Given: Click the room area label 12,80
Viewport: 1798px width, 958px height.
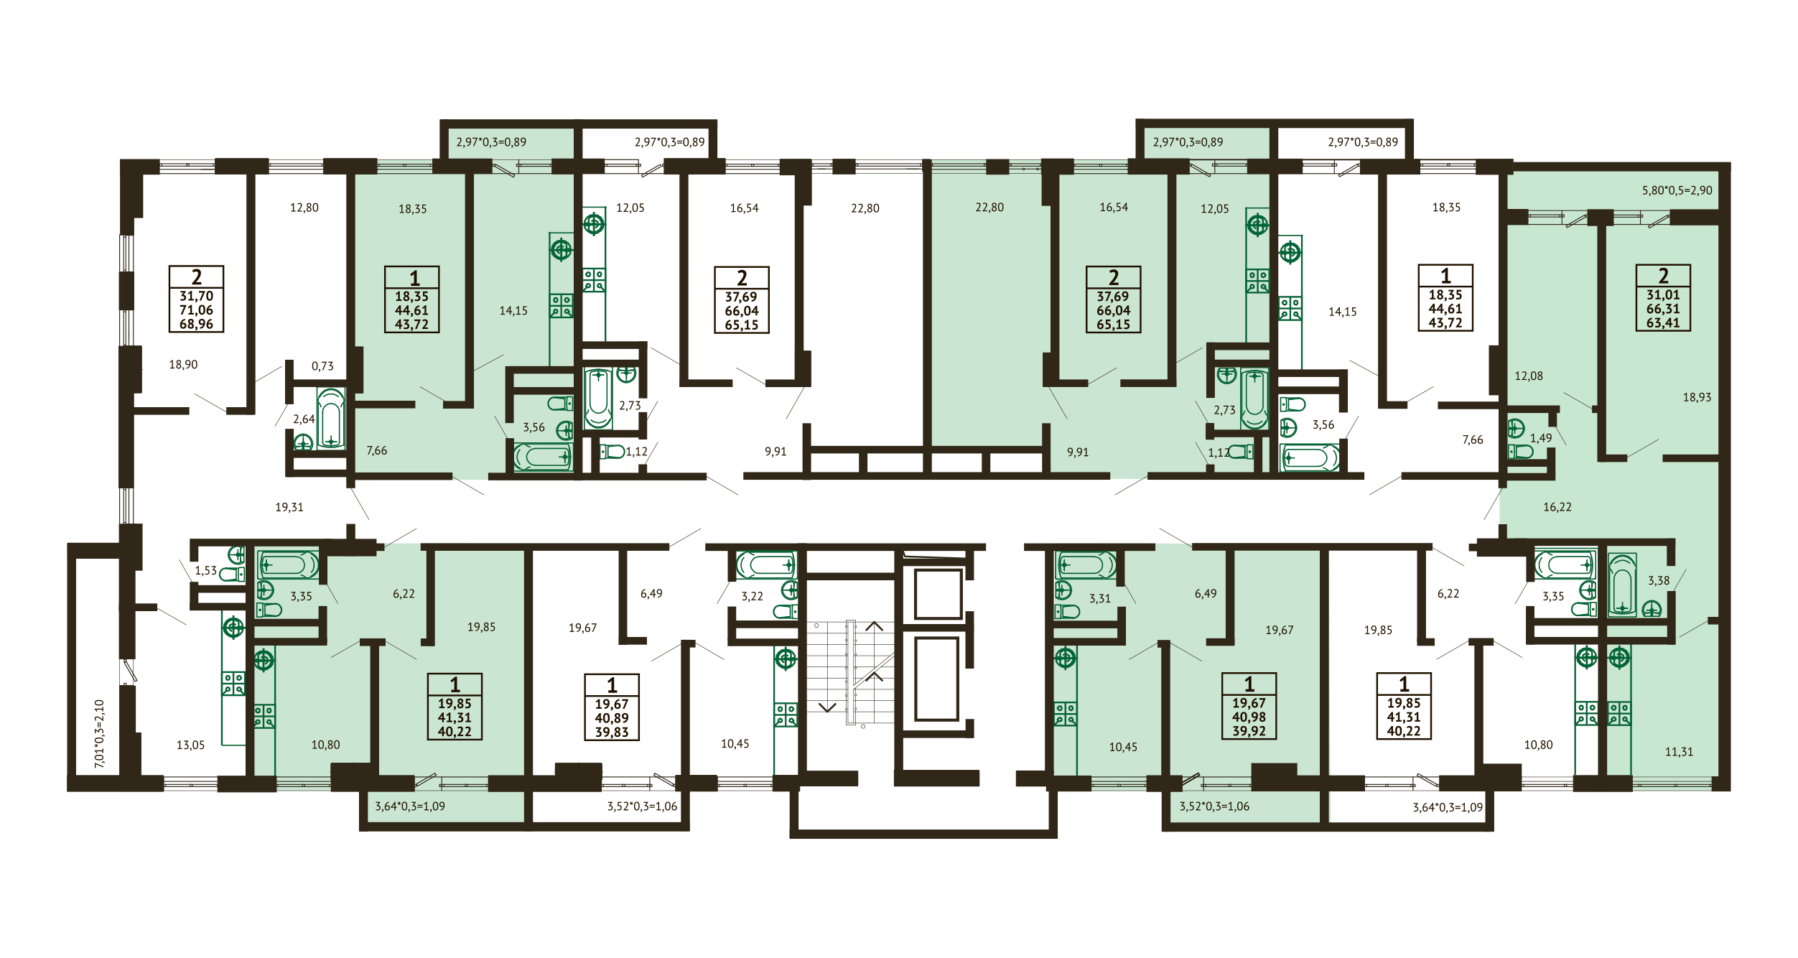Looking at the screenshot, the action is (x=304, y=208).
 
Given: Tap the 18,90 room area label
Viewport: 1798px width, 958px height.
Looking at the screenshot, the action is (x=183, y=364).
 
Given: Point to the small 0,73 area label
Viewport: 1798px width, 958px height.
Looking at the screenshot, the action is (x=322, y=366).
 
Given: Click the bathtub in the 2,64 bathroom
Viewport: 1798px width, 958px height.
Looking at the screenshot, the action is (x=331, y=419).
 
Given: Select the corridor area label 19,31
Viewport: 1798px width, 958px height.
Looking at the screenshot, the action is (x=289, y=507).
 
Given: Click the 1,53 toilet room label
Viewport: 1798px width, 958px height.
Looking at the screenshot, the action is (x=205, y=570).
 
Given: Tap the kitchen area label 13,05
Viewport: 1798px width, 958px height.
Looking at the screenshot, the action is (x=190, y=745).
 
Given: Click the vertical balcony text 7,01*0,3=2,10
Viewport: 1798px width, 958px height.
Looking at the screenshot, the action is (x=100, y=734).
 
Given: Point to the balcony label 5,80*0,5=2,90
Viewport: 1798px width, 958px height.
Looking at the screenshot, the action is (x=1677, y=190).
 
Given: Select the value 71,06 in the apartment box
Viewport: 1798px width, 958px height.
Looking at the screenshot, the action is (x=196, y=310).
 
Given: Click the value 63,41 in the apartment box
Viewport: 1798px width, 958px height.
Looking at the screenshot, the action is (x=1663, y=322).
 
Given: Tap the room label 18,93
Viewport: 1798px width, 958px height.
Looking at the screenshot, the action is (x=1697, y=397).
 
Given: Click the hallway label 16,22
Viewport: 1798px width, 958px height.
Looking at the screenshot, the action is (x=1557, y=507).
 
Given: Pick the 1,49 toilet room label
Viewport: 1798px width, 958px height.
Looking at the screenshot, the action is (x=1541, y=438).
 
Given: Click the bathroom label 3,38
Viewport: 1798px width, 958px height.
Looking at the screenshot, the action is (x=1659, y=580).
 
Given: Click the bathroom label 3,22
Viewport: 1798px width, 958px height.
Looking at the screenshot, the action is (x=752, y=596).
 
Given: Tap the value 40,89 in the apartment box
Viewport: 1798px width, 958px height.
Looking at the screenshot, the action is (x=611, y=718).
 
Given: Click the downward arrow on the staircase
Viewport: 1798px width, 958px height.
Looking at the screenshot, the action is (x=827, y=707).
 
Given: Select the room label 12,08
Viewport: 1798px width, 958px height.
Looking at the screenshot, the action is (x=1529, y=376).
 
